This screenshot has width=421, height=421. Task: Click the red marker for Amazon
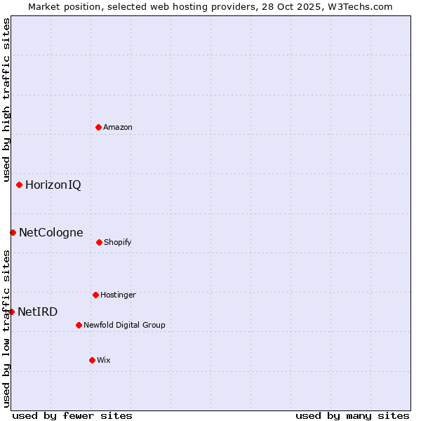click(98, 127)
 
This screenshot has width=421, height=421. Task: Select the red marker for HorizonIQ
click(19, 185)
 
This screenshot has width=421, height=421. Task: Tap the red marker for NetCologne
click(13, 232)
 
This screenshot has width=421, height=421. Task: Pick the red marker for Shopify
click(99, 242)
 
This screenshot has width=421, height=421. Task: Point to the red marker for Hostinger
click(95, 295)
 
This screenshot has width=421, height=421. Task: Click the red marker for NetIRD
click(11, 312)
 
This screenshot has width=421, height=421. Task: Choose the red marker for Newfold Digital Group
click(79, 325)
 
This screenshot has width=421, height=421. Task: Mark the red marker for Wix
click(92, 360)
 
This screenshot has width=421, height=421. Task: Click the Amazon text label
click(118, 127)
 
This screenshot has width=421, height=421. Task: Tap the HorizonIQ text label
click(53, 185)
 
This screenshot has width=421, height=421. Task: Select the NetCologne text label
click(51, 232)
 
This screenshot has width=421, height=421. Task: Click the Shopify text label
click(118, 242)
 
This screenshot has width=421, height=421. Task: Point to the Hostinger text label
click(118, 295)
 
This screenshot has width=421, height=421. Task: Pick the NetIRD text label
click(38, 312)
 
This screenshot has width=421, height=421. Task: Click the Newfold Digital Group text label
click(125, 325)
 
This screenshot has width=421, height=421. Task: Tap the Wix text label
click(104, 360)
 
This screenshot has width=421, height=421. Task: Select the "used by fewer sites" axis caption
click(72, 415)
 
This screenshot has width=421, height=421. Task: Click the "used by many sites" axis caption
click(352, 415)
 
